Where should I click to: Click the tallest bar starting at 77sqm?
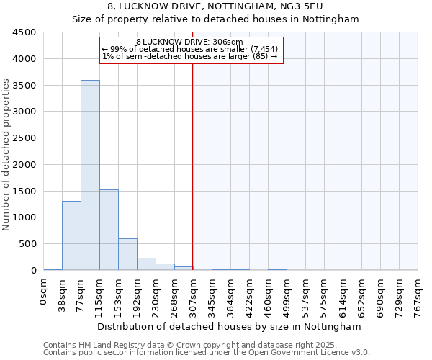pyautogui.click(x=90, y=175)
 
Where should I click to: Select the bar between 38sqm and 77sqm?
pyautogui.click(x=71, y=235)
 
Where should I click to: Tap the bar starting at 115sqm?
pyautogui.click(x=109, y=230)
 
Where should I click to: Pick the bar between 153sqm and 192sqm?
pyautogui.click(x=127, y=254)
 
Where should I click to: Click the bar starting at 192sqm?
pyautogui.click(x=146, y=264)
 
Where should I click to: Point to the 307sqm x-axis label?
pyautogui.click(x=193, y=295)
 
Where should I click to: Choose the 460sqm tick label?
pyautogui.click(x=268, y=295)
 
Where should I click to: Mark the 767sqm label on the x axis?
pyautogui.click(x=418, y=295)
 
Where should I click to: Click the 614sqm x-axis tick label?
pyautogui.click(x=343, y=295)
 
